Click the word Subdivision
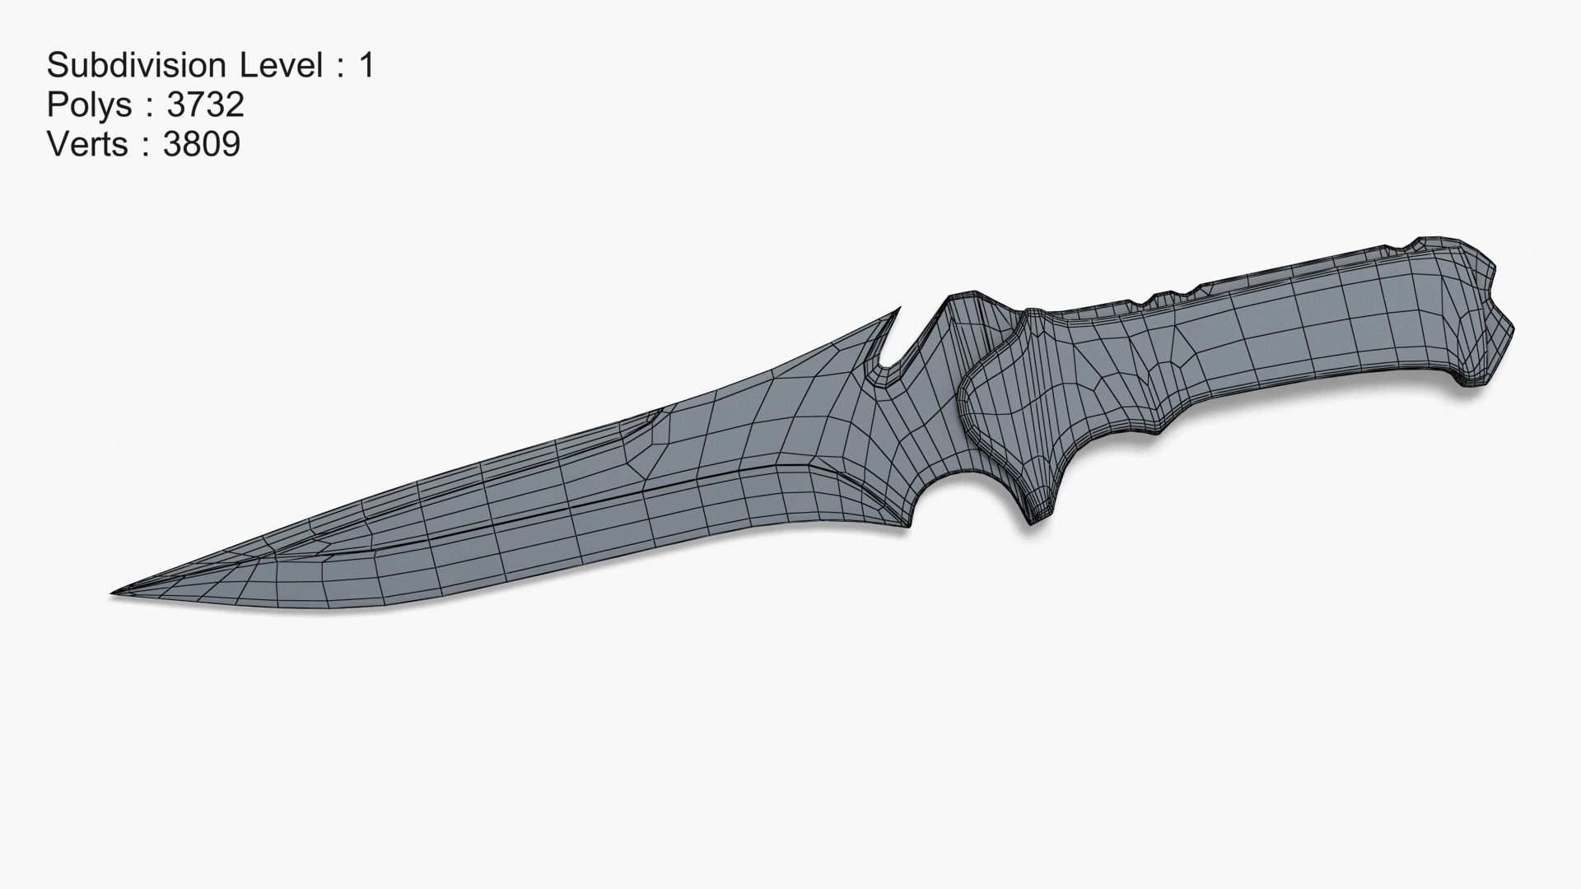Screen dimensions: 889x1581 [136, 65]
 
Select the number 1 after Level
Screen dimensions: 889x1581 [366, 65]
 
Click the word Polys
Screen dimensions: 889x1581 [89, 105]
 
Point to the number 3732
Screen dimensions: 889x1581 [205, 105]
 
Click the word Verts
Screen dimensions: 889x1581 [87, 144]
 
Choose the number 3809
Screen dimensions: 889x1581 [202, 144]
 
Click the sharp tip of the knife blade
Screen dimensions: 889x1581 [115, 592]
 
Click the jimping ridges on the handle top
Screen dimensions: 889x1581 [1169, 298]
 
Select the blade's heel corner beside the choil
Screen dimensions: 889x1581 [906, 524]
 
